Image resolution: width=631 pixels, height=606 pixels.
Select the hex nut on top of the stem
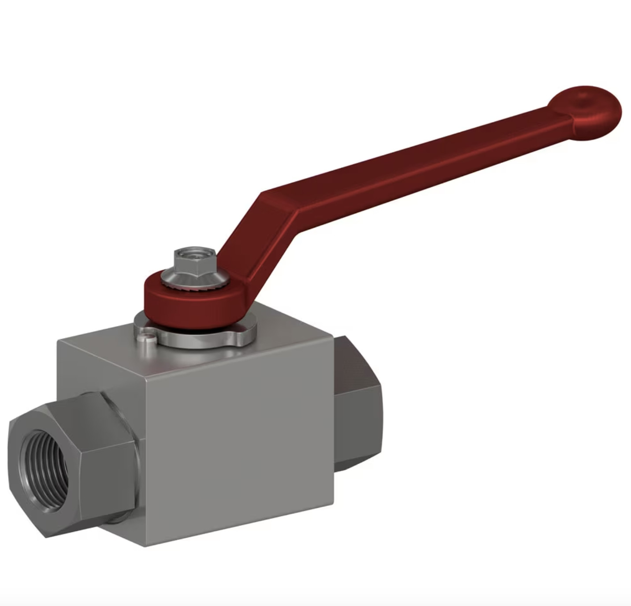pos(194,262)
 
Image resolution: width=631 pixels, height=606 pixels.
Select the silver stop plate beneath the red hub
pos(198,337)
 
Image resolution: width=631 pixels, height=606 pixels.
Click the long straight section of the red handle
pos(419,163)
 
